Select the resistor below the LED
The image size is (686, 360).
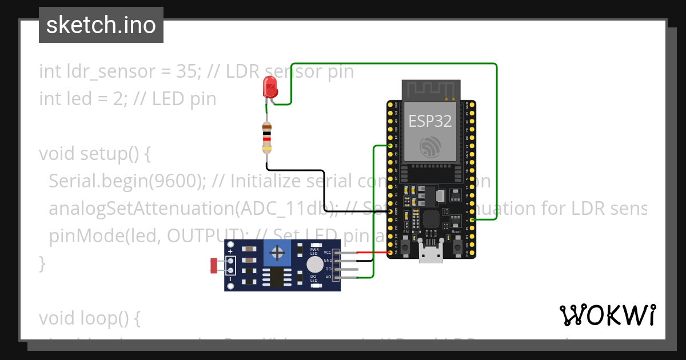(266, 138)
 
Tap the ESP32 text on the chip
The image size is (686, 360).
(430, 121)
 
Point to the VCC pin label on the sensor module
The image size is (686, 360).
(328, 252)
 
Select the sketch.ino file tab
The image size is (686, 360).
(101, 25)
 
